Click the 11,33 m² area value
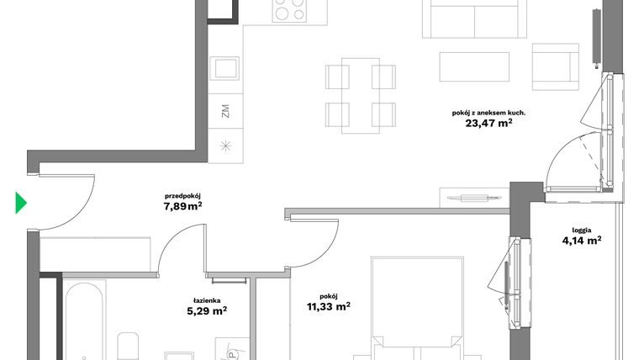pos(329,307)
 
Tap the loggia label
pos(581,228)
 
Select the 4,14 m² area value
pos(581,241)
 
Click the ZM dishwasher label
pos(224,111)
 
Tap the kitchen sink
pos(224,68)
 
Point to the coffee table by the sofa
pos(475,66)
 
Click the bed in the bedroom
pos(416,311)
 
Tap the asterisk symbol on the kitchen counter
pos(224,144)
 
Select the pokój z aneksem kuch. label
pos(489,110)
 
